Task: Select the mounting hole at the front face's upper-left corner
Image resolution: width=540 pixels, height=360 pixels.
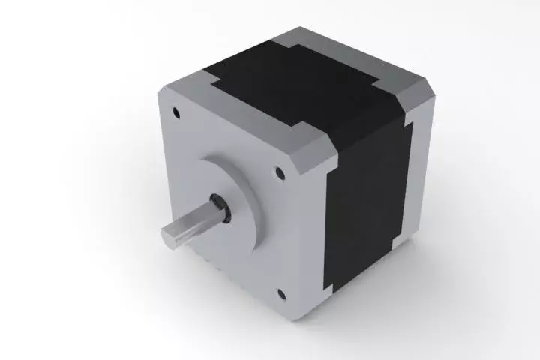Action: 177,113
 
